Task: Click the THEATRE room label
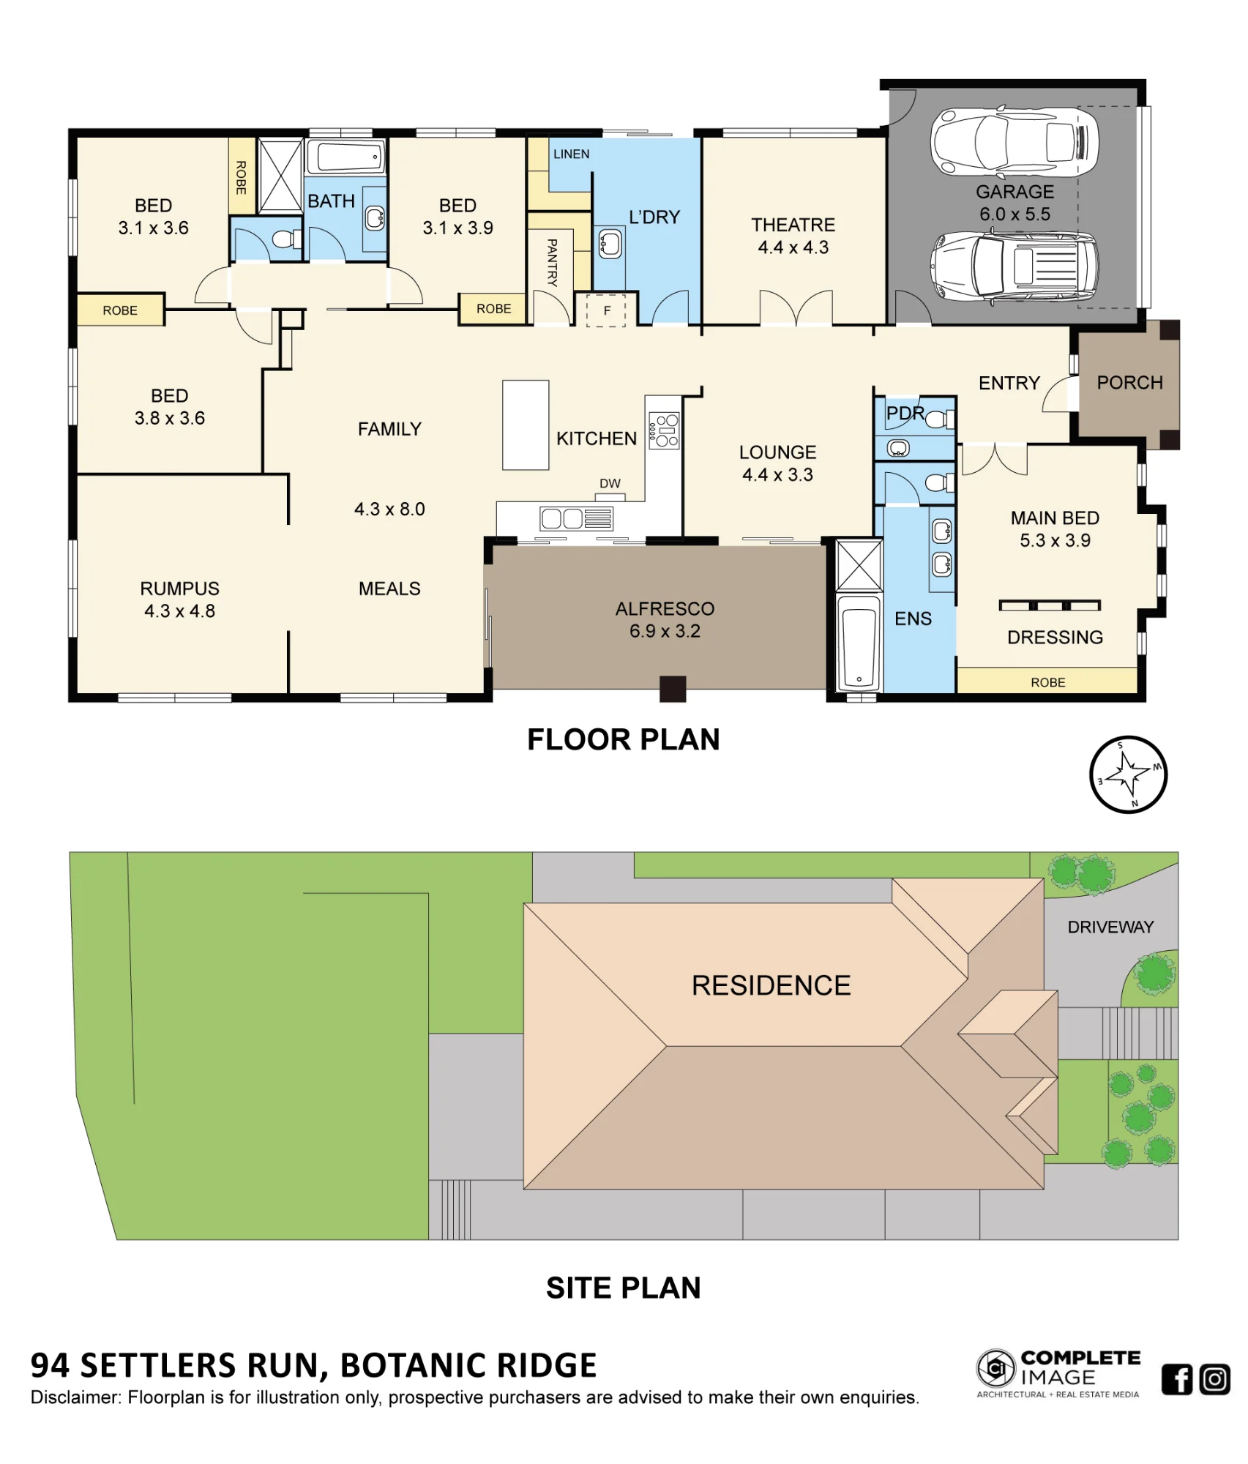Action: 793,225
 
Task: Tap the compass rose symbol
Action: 1128,774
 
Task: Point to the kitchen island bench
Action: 526,425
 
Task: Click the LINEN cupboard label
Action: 571,154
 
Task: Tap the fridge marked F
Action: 607,309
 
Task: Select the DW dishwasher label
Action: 610,483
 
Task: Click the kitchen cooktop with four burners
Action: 663,430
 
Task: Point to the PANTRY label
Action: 552,262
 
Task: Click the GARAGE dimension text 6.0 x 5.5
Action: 1015,214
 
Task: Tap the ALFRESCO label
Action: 665,609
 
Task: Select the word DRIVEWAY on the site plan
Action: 1110,927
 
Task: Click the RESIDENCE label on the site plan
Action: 771,985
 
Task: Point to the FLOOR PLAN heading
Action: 624,739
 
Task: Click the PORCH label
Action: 1129,383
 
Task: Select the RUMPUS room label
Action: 179,589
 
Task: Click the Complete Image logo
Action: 1058,1374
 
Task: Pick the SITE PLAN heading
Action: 624,1288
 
